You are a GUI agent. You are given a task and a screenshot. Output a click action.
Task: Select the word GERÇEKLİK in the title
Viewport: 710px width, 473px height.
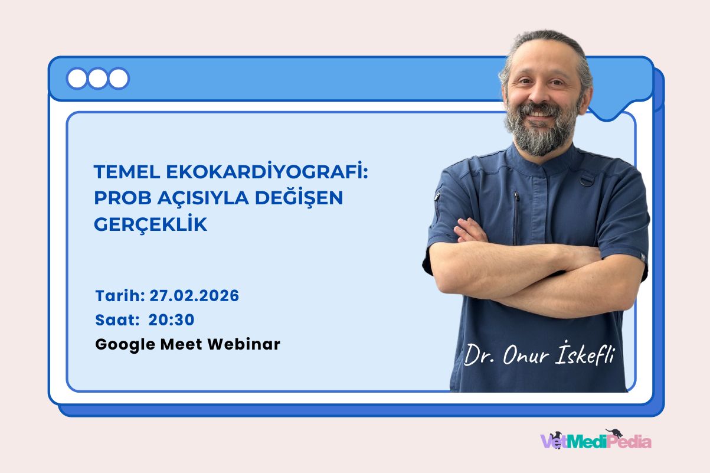point(150,225)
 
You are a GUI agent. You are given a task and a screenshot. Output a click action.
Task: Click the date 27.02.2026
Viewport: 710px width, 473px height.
point(194,295)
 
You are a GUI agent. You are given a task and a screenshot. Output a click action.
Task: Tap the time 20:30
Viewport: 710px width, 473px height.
point(172,319)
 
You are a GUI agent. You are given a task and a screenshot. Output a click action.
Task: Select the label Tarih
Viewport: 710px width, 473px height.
point(119,295)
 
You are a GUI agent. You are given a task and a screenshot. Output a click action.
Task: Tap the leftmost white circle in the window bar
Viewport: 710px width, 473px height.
point(77,79)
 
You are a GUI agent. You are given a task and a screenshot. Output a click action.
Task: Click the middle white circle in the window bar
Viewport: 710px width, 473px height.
point(97,79)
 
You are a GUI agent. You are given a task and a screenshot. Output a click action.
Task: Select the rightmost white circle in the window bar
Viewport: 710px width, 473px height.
point(118,79)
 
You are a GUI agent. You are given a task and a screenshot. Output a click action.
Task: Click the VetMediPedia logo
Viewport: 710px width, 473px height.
point(596,441)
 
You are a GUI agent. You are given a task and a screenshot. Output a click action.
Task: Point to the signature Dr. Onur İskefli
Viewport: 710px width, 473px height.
point(538,355)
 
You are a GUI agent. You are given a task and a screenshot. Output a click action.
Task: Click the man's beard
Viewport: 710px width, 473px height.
point(540,130)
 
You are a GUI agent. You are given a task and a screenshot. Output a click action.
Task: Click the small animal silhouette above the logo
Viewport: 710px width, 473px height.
point(614,433)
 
